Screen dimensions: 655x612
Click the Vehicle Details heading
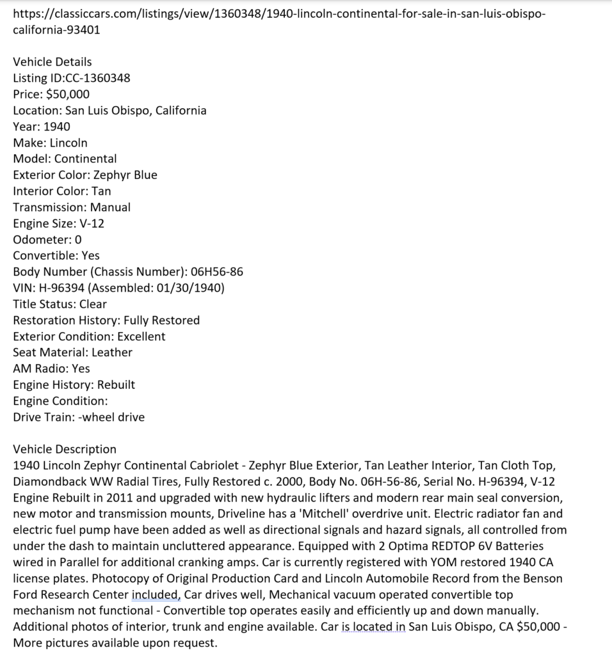click(x=52, y=62)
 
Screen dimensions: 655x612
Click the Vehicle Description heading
click(x=65, y=449)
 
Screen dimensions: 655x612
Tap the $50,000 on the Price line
click(x=68, y=94)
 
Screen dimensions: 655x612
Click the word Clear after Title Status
click(x=93, y=304)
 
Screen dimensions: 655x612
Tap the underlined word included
click(x=156, y=594)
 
